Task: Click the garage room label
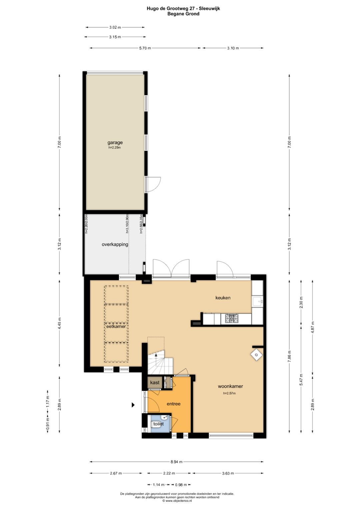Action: coord(115,143)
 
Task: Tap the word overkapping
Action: coord(115,245)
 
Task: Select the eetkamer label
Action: coord(116,326)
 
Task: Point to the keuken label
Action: coord(223,298)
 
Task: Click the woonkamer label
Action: coord(230,386)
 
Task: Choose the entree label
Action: coord(174,404)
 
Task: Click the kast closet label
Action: coord(155,382)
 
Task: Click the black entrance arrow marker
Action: coord(133,405)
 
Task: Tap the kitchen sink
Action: coord(258,302)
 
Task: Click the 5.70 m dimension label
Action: coord(145,48)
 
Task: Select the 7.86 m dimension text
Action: coord(289,359)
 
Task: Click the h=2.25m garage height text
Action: coord(114,147)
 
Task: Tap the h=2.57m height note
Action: coord(230,393)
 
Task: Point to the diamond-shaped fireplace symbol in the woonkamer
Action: coord(256,355)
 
